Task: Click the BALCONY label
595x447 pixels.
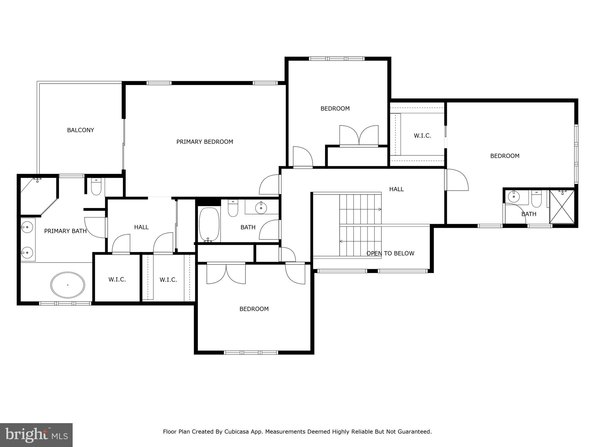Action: (80, 130)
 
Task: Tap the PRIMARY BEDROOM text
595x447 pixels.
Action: (205, 142)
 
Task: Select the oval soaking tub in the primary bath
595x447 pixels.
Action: (68, 285)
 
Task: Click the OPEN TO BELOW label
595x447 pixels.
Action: (390, 253)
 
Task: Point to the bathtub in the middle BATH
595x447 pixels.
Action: (209, 224)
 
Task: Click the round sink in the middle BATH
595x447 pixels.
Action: (261, 208)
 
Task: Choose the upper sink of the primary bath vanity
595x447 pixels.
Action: (27, 226)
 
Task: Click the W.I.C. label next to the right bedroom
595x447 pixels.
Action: (422, 136)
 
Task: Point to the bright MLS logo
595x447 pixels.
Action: (36, 435)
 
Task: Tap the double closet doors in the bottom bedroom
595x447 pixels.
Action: (226, 274)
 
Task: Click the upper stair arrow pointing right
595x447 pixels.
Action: (379, 209)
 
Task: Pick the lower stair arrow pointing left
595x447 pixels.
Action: (341, 241)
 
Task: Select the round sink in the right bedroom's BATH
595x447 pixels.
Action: (514, 197)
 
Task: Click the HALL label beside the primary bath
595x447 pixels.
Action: (141, 227)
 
